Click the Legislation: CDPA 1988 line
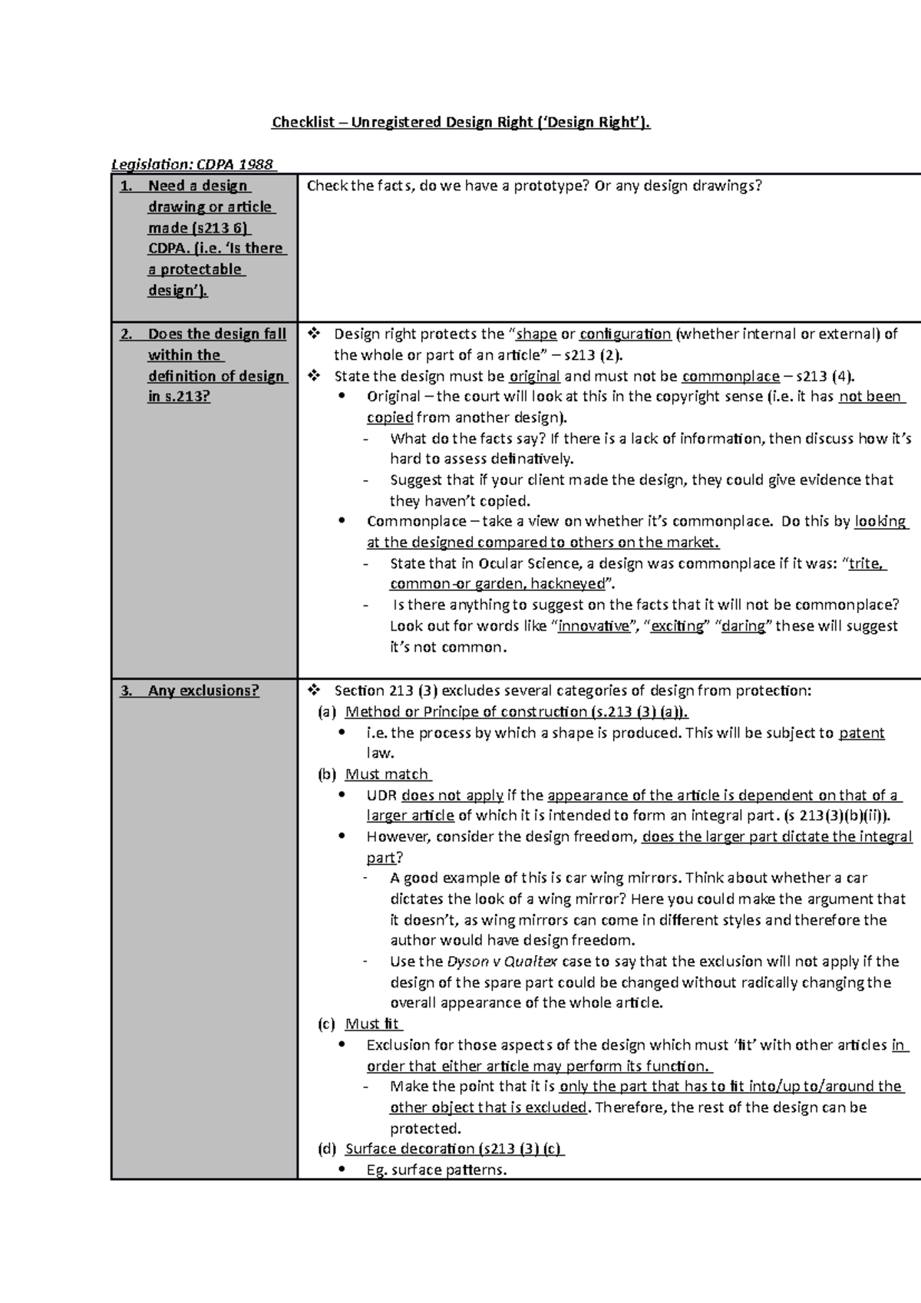(193, 164)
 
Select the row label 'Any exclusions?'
(203, 691)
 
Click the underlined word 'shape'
(536, 334)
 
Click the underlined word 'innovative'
(594, 625)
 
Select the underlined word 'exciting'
(677, 625)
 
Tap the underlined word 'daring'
(743, 625)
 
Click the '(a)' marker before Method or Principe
(327, 712)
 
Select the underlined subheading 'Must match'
(387, 774)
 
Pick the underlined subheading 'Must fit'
(372, 1024)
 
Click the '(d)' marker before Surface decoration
(327, 1149)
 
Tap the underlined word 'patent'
(861, 733)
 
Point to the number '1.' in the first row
(127, 186)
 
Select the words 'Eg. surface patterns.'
(437, 1169)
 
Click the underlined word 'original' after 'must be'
(534, 376)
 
